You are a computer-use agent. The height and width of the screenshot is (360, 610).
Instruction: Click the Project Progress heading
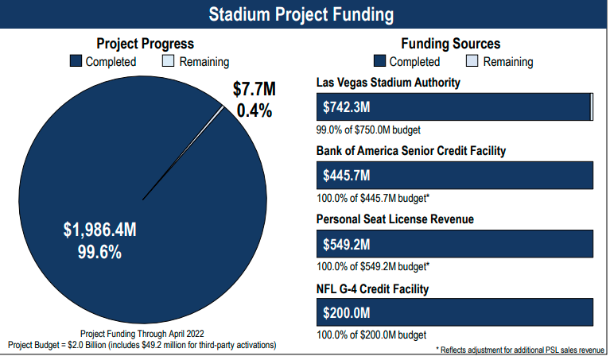point(145,45)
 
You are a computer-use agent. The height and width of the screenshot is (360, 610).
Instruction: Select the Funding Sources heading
point(451,45)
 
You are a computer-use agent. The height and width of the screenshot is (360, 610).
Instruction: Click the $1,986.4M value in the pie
point(100,230)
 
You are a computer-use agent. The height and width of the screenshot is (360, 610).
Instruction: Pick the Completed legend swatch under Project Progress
point(76,61)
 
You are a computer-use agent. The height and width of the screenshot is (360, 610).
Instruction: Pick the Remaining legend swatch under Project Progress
point(169,61)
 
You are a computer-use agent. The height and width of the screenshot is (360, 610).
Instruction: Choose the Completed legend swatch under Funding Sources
point(379,61)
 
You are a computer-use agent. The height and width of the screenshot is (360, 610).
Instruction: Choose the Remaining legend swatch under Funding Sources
point(472,61)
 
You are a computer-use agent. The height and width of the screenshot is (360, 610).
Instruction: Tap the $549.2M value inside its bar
point(347,243)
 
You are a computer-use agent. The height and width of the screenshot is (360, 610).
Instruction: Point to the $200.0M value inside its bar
point(347,311)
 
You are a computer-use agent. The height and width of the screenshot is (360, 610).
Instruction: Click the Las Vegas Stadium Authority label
point(388,83)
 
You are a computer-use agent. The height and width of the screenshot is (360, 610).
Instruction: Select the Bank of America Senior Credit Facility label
point(411,151)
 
